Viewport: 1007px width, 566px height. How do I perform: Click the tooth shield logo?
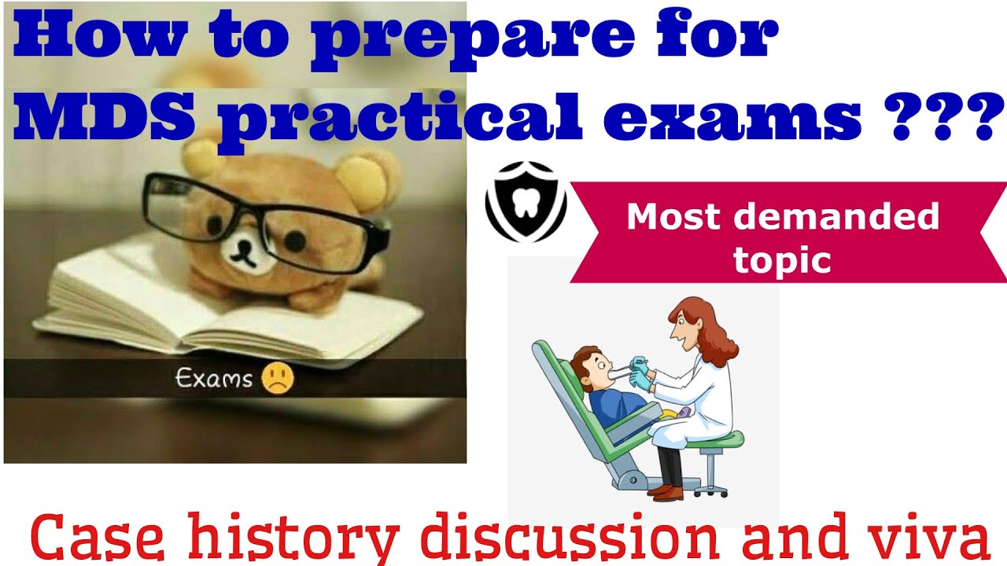pos(526,203)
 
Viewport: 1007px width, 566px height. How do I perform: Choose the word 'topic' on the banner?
pos(782,259)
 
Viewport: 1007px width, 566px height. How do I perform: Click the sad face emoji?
pos(278,379)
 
